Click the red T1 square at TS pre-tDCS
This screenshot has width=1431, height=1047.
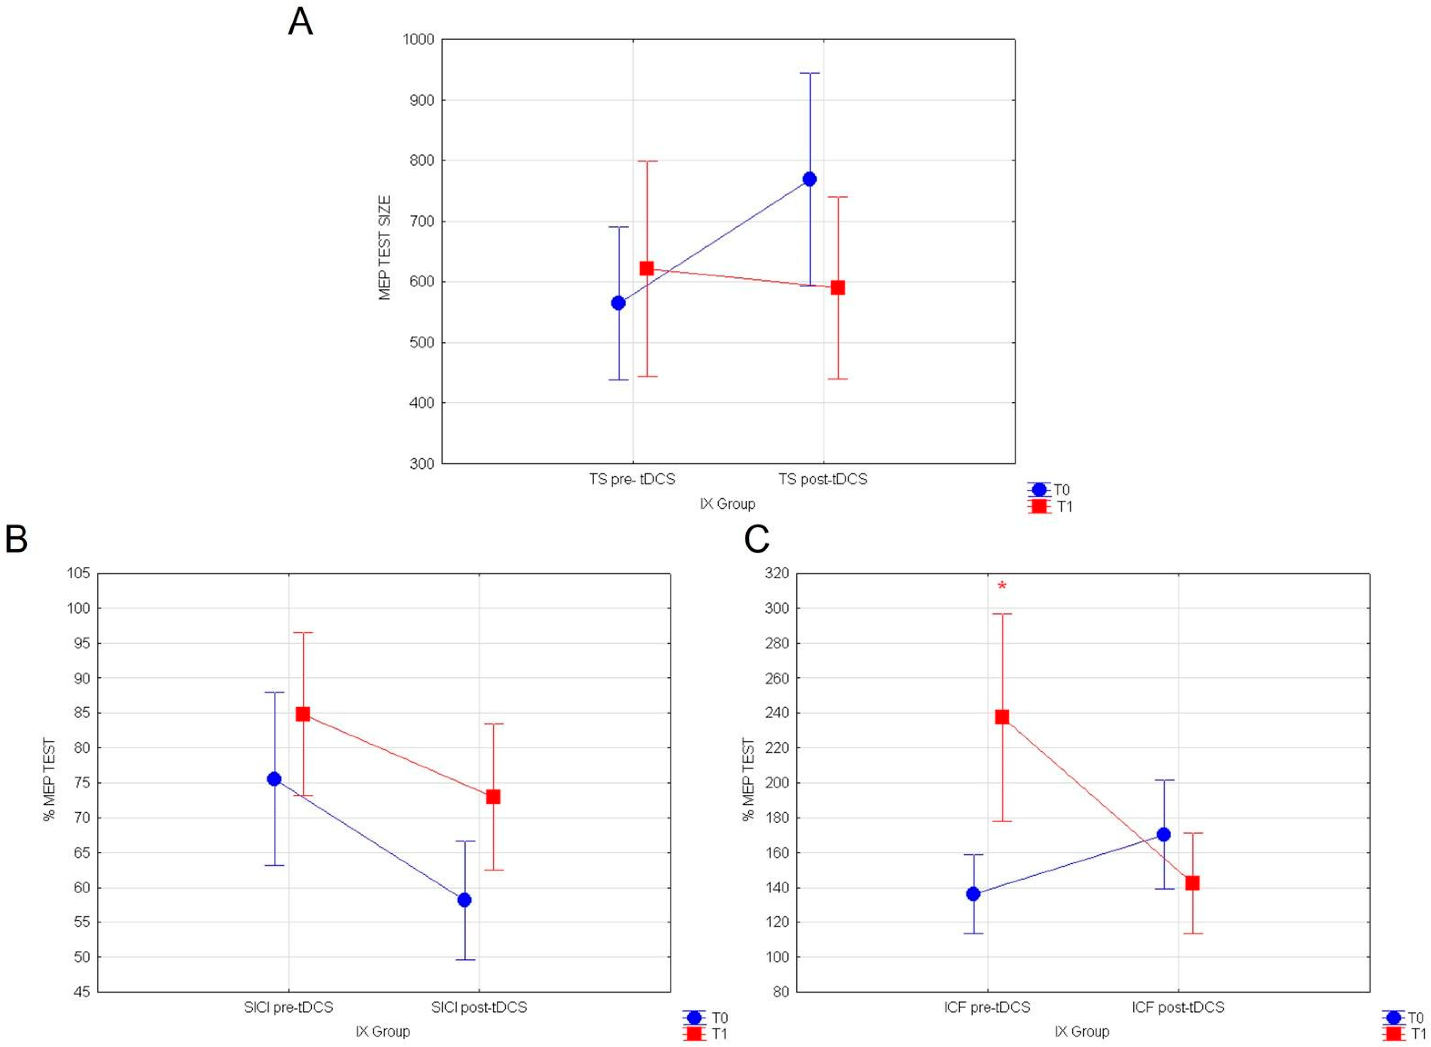646,269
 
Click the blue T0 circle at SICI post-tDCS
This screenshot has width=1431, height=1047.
464,900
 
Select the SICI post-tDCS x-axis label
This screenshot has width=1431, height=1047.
479,1007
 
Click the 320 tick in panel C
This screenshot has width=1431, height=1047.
777,574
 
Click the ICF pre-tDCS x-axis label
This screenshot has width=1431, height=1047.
987,1007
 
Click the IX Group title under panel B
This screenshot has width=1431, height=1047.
383,1031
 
